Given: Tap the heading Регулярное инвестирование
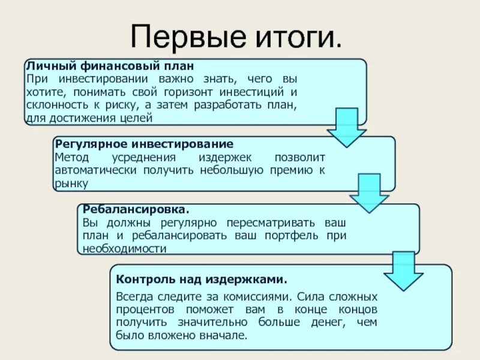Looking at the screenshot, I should [143, 144].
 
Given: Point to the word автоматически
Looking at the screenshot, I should [95, 170].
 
